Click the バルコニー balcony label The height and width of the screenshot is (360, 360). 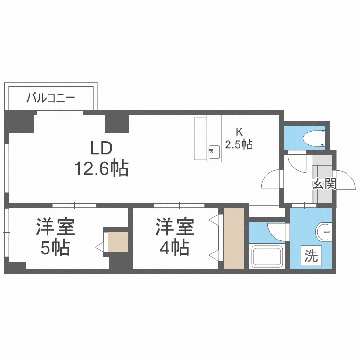pos(51,98)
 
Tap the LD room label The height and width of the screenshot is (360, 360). pos(101,148)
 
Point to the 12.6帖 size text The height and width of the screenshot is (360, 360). pos(101,168)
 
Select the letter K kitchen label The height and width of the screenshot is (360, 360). pos(239,132)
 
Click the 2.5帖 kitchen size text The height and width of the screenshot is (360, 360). pos(239,144)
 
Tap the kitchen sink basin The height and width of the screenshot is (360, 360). pos(214,152)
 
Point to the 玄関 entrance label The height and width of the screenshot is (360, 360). pos(324,184)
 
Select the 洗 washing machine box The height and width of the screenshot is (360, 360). pos(311,256)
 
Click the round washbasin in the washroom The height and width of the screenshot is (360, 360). pos(324,231)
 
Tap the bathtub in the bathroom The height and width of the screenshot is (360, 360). pos(267,257)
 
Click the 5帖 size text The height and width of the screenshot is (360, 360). pos(55,249)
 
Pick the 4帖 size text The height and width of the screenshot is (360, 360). pos(175,249)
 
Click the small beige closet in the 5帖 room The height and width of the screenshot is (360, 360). pos(118,242)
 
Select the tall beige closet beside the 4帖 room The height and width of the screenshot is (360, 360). pos(234,238)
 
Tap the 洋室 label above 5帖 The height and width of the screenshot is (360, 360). pos(55,227)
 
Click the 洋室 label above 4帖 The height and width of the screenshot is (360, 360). pos(175,227)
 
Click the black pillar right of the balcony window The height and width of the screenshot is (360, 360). pos(117,124)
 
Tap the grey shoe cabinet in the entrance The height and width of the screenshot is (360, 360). pos(323,179)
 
